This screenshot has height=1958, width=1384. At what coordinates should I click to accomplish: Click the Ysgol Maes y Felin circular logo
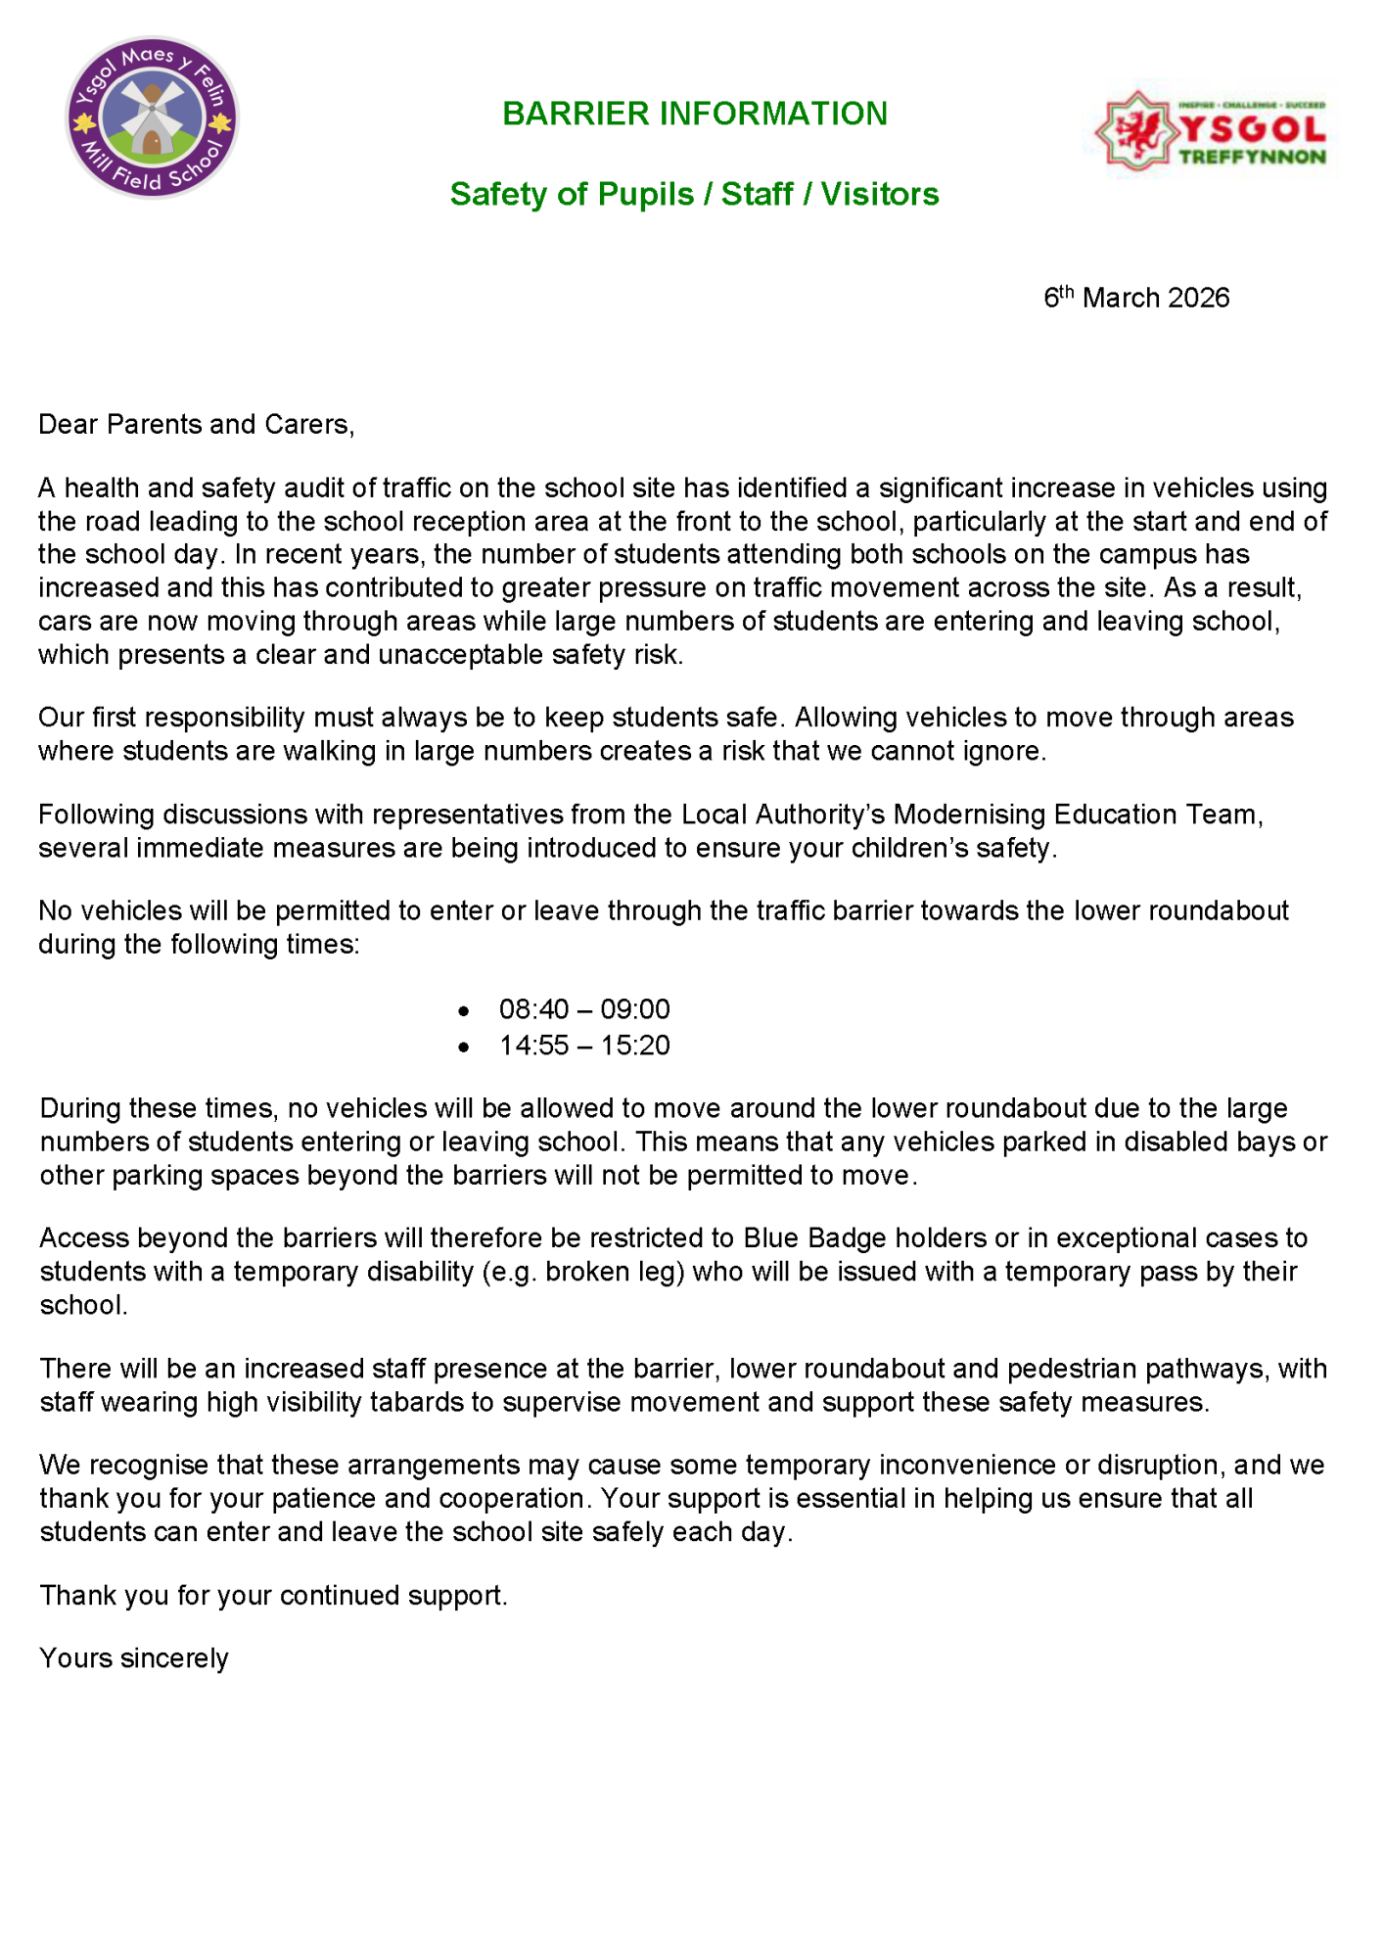pos(152,117)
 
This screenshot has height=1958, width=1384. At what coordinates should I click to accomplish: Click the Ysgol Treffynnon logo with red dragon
pos(1211,131)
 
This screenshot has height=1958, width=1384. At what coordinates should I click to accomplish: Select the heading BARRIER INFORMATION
pos(694,114)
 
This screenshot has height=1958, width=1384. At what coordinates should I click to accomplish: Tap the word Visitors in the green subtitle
pos(879,194)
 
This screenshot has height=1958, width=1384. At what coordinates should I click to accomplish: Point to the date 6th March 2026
pos(1135,298)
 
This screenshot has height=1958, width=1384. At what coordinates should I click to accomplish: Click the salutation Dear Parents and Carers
pos(196,424)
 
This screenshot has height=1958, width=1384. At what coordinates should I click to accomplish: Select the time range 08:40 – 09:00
pos(584,1009)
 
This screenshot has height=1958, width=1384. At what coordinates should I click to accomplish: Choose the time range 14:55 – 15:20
pos(584,1046)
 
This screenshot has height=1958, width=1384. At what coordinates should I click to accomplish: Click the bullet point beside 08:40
pos(464,1011)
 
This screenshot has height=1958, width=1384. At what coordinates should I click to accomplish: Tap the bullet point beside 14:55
pos(464,1048)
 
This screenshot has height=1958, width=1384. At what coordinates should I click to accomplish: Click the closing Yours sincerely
pos(134,1658)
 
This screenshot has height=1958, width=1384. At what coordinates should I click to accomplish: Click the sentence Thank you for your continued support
pos(274,1596)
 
